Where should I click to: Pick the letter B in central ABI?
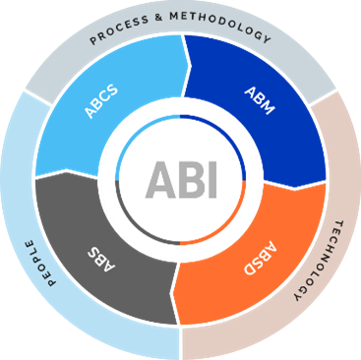point(189,181)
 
